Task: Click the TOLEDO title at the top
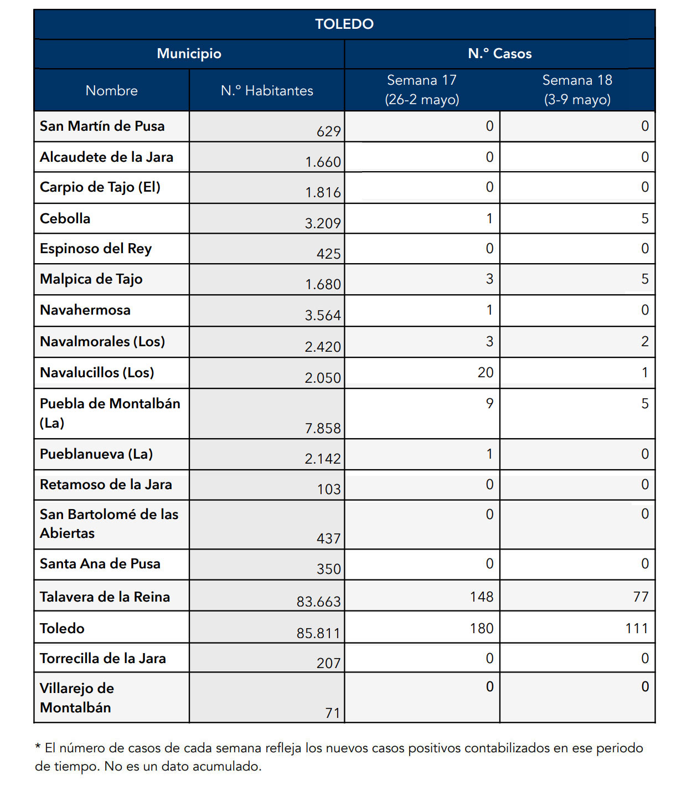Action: pyautogui.click(x=344, y=24)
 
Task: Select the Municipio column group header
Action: pyautogui.click(x=189, y=54)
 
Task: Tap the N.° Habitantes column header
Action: pyautogui.click(x=267, y=91)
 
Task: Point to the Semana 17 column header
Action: pyautogui.click(x=422, y=90)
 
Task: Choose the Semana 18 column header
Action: pyautogui.click(x=577, y=90)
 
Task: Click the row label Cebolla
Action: pyautogui.click(x=65, y=218)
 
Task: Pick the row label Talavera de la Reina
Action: pyautogui.click(x=105, y=597)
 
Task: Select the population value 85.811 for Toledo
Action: pyautogui.click(x=318, y=633)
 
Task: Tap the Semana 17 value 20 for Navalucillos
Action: pyautogui.click(x=486, y=372)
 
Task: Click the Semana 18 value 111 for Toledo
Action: pyautogui.click(x=636, y=628)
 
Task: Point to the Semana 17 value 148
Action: pyautogui.click(x=482, y=597)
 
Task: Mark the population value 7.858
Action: pyautogui.click(x=323, y=428)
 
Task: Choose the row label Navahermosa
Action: pyautogui.click(x=85, y=310)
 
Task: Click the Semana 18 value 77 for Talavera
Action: pyautogui.click(x=641, y=597)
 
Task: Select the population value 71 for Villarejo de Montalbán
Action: pyautogui.click(x=333, y=712)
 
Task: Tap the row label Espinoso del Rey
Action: pyautogui.click(x=96, y=249)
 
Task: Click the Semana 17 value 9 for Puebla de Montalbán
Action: pyautogui.click(x=489, y=403)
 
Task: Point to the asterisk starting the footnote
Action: pyautogui.click(x=38, y=748)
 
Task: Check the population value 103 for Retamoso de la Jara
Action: pyautogui.click(x=329, y=489)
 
